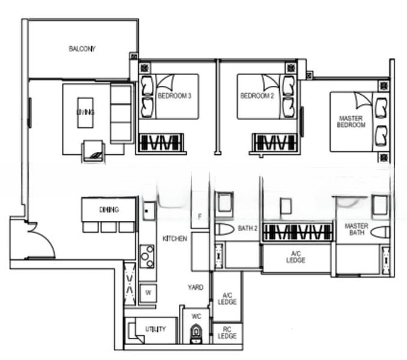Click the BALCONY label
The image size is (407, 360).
pos(82,49)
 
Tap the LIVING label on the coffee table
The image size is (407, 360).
pos(85,112)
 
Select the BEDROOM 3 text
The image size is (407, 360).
pos(175,96)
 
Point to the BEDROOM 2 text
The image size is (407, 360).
pos(257,96)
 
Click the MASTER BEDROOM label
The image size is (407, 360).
pos(351,122)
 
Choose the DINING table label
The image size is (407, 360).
pos(109,209)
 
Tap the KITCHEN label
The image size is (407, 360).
pos(175,239)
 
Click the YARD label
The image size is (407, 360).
pos(196,287)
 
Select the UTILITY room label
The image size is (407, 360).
pos(155,329)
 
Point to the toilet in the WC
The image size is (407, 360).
pos(196,333)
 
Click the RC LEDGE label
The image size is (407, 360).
pos(227,333)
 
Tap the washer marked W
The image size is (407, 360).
pos(148,293)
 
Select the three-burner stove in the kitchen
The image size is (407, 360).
pos(147,257)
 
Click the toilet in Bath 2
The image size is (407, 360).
pos(225,230)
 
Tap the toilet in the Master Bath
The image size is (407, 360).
pos(380,232)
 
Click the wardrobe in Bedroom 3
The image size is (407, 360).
pos(161,143)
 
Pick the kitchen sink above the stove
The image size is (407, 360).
pos(149,211)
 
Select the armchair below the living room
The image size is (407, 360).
pos(93,151)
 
